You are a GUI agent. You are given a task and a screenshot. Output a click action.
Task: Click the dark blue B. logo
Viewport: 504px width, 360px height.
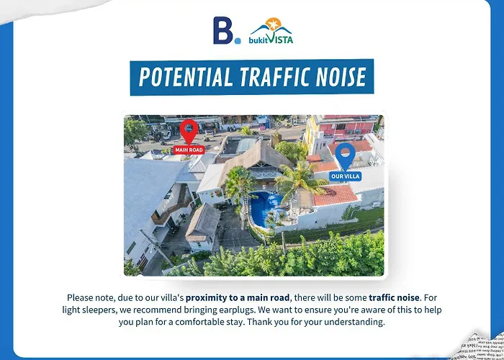pyautogui.click(x=227, y=30)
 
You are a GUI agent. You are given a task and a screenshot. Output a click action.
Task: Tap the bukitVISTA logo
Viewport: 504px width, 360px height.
pyautogui.click(x=271, y=30)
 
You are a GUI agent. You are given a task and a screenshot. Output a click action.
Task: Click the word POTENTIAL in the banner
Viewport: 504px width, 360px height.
pyautogui.click(x=186, y=77)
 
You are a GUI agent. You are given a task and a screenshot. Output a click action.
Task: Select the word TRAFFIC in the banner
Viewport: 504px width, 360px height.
pyautogui.click(x=275, y=77)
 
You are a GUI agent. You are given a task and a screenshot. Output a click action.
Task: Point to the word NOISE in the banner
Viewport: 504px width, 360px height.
pyautogui.click(x=341, y=77)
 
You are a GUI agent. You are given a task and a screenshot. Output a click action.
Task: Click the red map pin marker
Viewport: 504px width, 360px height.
pyautogui.click(x=189, y=131)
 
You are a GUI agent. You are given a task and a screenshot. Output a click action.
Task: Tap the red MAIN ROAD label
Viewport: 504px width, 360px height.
pyautogui.click(x=189, y=150)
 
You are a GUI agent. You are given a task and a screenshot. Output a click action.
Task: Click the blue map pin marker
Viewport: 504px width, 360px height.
pyautogui.click(x=345, y=156)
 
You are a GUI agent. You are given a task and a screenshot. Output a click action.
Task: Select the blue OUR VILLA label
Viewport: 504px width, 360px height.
pyautogui.click(x=345, y=176)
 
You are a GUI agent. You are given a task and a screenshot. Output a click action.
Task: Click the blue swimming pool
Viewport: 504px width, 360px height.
pyautogui.click(x=264, y=209)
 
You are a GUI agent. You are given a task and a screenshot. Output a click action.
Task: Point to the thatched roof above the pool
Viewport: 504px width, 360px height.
pyautogui.click(x=256, y=159)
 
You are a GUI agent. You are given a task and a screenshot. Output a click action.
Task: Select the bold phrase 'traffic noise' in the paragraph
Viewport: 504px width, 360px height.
pyautogui.click(x=394, y=297)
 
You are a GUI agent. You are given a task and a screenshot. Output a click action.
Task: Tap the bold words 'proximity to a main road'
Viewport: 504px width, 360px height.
pyautogui.click(x=238, y=298)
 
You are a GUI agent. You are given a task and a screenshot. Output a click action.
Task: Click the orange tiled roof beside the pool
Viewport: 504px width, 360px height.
pyautogui.click(x=335, y=195)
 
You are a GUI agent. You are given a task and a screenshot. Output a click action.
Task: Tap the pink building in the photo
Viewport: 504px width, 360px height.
pyautogui.click(x=346, y=127)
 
